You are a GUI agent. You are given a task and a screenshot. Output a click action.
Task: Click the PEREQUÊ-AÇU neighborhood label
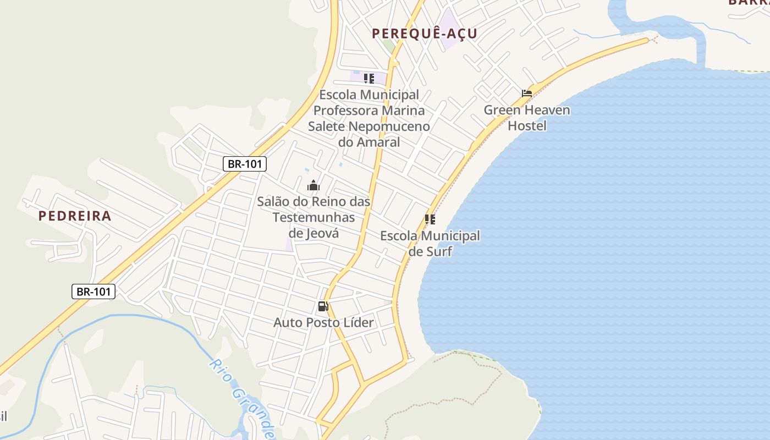424,34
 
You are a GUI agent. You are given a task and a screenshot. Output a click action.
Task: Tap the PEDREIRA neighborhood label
75,216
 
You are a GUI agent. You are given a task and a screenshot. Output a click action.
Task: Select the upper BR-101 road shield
245,163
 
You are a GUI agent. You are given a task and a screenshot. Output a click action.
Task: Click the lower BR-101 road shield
94,291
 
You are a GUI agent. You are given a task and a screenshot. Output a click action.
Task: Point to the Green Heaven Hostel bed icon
527,93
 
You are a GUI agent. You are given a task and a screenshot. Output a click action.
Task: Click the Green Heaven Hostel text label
527,118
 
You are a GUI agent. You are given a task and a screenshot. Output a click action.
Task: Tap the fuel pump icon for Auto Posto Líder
323,306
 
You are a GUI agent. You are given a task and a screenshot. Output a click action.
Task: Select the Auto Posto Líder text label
323,322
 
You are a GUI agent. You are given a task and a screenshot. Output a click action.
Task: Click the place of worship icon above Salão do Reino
313,185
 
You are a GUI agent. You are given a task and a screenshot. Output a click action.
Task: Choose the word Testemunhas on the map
313,217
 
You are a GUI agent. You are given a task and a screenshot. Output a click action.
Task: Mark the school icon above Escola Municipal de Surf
430,219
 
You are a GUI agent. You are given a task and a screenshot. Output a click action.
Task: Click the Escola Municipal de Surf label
430,244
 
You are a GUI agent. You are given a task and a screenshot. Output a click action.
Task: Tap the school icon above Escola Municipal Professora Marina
369,78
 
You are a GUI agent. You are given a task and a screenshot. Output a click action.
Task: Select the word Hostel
527,125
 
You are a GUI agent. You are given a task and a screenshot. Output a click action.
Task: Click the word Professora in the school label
349,111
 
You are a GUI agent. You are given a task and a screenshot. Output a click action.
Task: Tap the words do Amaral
369,142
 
